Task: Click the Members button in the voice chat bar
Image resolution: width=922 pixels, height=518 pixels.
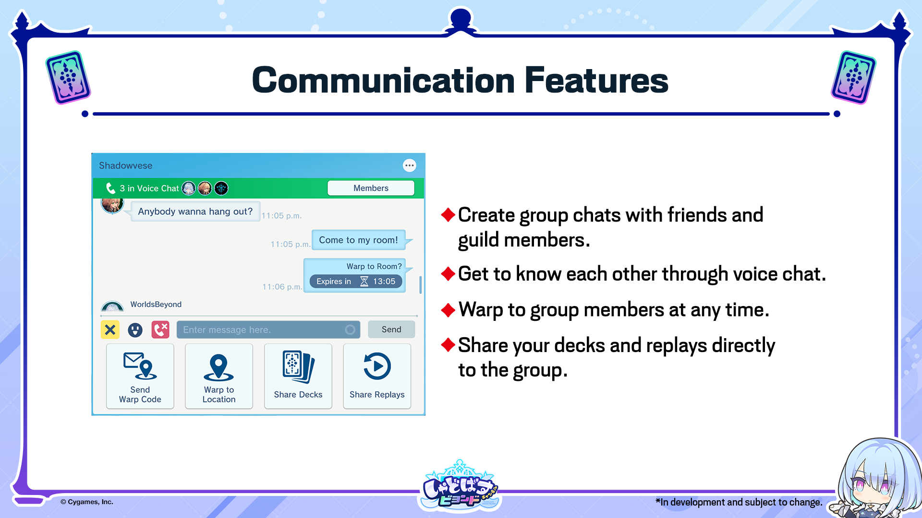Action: (371, 188)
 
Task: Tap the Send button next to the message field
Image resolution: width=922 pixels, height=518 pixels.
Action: (391, 330)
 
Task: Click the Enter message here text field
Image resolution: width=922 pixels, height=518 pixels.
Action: (268, 330)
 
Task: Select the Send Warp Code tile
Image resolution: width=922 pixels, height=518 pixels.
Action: (140, 376)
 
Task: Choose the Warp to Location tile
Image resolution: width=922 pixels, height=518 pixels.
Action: (219, 376)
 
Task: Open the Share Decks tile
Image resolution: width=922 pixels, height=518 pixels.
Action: (298, 376)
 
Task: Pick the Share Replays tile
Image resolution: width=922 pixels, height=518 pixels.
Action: (377, 376)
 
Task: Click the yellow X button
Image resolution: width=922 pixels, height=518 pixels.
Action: (110, 330)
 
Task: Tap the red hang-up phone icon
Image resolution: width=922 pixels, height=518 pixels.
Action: (160, 330)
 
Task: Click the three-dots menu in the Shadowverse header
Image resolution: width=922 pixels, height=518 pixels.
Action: (409, 165)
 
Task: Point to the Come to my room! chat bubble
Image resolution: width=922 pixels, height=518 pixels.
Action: (359, 240)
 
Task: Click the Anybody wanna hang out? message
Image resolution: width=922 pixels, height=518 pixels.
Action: (195, 212)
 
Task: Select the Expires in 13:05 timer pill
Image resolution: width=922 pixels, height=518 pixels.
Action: (356, 282)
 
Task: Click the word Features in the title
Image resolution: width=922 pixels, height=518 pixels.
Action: (596, 80)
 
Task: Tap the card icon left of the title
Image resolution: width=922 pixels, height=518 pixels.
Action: (68, 78)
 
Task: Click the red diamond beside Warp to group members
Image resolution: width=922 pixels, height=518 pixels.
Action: (448, 310)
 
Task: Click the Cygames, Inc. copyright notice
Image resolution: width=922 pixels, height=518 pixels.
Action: (87, 502)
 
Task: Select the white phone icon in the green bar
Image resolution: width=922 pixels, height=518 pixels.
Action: (110, 188)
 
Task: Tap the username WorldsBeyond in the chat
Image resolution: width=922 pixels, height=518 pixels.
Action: (156, 304)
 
